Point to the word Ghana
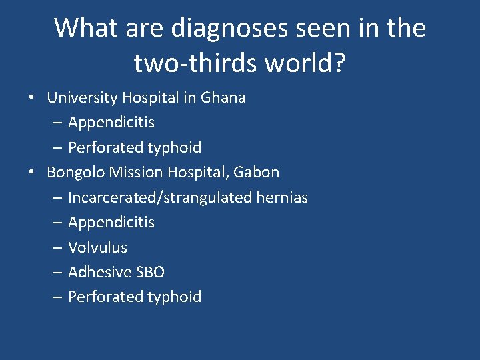click(x=223, y=97)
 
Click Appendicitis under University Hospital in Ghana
click(x=111, y=123)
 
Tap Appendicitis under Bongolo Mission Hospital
click(x=111, y=222)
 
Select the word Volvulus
click(x=97, y=247)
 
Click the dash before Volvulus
click(x=56, y=247)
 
